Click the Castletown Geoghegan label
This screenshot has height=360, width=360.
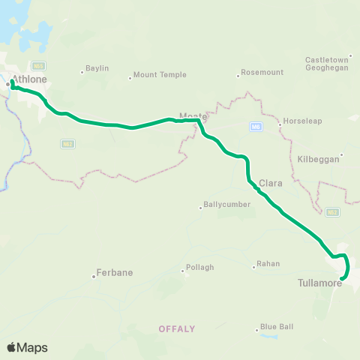point(328,63)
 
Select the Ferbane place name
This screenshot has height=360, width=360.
point(115,273)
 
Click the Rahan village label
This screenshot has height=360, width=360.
point(268,264)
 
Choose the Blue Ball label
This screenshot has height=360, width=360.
point(277,327)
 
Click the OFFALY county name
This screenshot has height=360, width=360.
point(177,328)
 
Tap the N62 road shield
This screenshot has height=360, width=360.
point(67,142)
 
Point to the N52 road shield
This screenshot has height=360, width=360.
point(333,212)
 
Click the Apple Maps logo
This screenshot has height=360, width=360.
point(27,347)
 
